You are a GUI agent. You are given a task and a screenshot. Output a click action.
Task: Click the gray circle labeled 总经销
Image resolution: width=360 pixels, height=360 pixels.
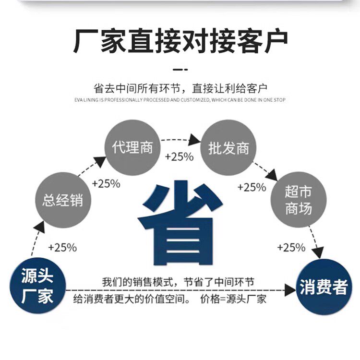(63, 200)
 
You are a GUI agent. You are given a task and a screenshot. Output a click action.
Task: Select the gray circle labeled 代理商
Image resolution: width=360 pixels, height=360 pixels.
(132, 147)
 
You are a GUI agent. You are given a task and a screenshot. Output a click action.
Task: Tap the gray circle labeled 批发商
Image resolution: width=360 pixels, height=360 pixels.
(228, 148)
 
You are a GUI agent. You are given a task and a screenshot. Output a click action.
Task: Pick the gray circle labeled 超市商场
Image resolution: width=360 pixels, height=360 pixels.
(299, 200)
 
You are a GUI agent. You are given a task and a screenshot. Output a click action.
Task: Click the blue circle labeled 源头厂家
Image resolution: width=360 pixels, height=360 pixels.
(37, 286)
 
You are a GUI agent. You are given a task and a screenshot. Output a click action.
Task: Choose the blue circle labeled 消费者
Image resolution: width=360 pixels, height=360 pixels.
(324, 287)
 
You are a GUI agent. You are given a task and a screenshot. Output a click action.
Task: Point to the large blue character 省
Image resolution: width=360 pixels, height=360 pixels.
(180, 223)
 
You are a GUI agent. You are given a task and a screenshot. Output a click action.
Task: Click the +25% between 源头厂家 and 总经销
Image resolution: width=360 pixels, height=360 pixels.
(62, 248)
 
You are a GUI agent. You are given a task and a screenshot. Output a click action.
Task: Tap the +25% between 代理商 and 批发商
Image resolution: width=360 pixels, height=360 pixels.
(180, 157)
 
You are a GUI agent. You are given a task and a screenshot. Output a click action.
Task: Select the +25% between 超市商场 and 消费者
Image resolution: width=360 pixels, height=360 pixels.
(291, 248)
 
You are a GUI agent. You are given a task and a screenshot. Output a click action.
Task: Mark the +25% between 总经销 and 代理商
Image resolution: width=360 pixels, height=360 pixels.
(106, 184)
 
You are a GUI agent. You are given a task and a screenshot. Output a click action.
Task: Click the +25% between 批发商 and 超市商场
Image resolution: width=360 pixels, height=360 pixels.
(252, 187)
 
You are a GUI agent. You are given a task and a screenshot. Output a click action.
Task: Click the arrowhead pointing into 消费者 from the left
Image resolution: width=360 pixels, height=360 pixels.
(290, 290)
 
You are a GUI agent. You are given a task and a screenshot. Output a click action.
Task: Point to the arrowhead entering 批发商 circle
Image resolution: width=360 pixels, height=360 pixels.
(194, 140)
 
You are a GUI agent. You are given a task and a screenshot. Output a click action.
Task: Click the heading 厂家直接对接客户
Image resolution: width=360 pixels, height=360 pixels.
(180, 41)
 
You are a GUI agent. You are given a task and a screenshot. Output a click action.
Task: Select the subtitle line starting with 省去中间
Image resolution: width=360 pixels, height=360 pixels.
(180, 88)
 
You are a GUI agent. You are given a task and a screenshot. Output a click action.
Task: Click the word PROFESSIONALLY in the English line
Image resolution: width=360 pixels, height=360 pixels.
(123, 100)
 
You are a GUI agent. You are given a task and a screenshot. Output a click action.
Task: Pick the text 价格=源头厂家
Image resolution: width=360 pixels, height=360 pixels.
(233, 299)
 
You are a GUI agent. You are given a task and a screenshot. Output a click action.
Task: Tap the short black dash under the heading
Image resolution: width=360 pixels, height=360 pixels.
(180, 69)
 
